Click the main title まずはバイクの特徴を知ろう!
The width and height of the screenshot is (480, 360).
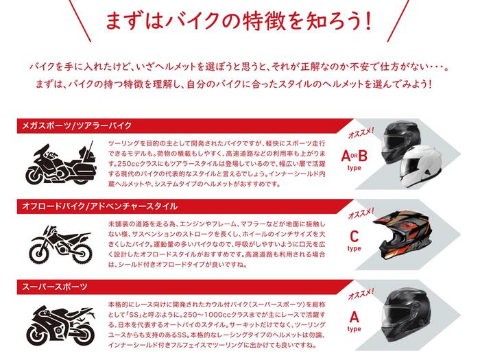coord(239,21)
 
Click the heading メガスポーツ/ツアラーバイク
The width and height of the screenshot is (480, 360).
coord(77,125)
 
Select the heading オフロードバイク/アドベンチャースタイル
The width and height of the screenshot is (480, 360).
coord(99,206)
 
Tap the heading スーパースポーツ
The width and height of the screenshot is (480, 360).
coord(54,287)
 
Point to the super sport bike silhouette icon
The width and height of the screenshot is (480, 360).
coord(60,325)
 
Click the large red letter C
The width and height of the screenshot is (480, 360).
coord(355,237)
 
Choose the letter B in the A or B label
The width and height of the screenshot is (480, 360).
coord(363,156)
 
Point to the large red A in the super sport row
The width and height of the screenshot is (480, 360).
coord(355,317)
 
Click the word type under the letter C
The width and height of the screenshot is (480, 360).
coord(355,248)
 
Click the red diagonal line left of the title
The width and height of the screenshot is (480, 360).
coord(80,21)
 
